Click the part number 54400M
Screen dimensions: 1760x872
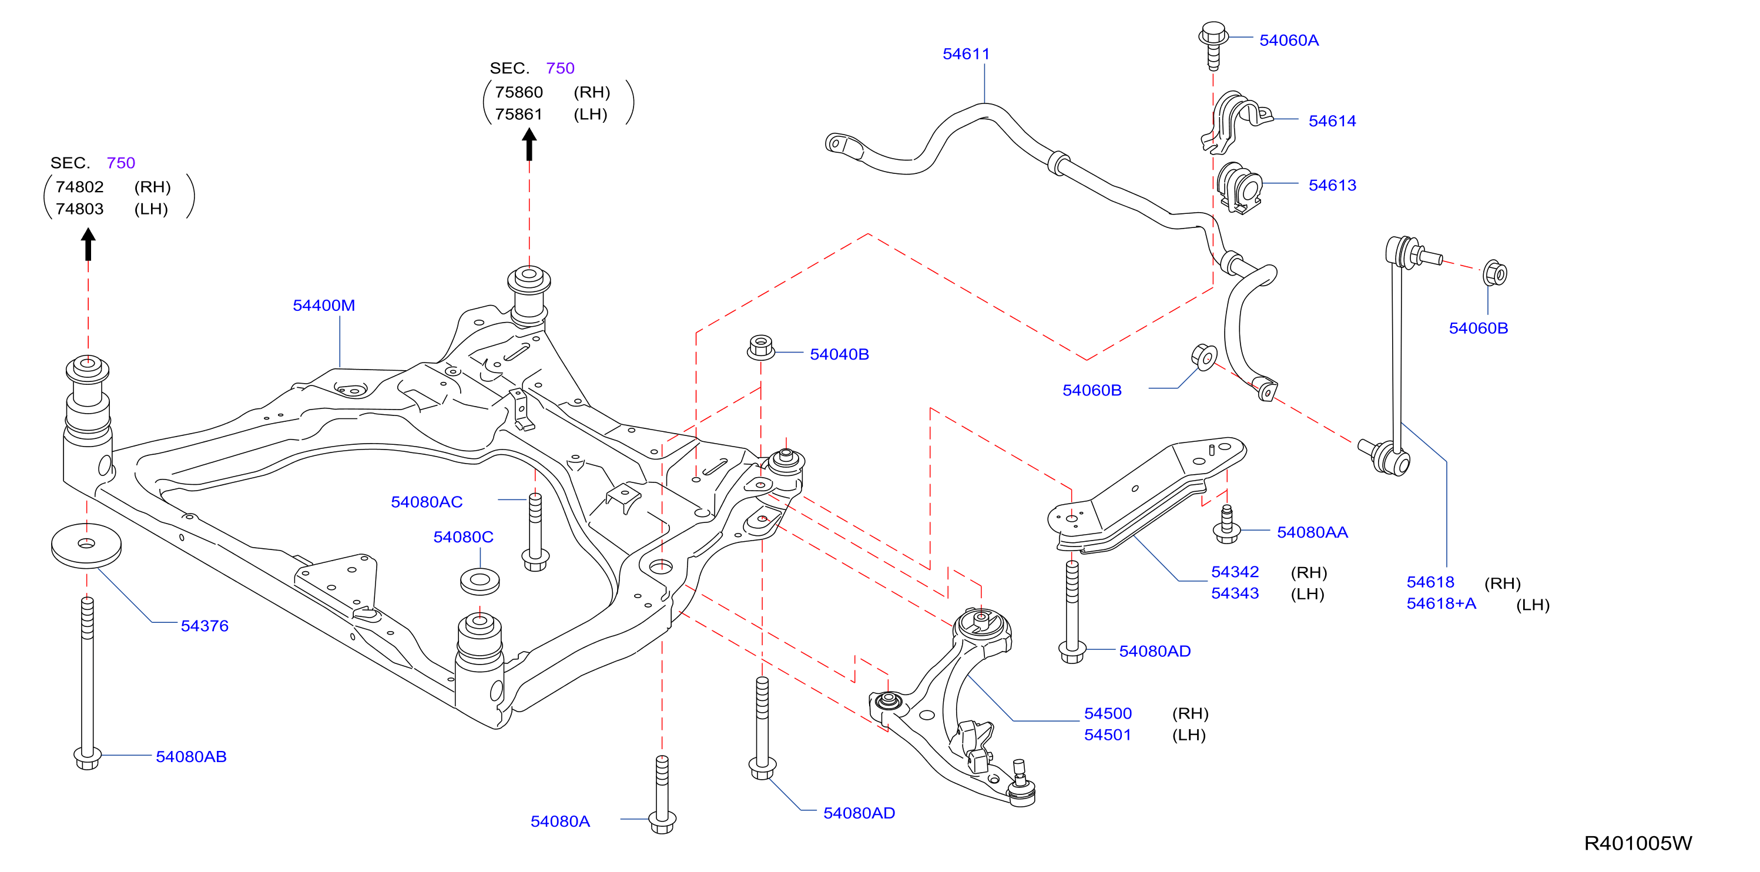(x=324, y=306)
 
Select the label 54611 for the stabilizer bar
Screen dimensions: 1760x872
(x=966, y=54)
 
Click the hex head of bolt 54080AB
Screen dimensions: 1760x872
(x=88, y=757)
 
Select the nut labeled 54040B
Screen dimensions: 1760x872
(x=761, y=347)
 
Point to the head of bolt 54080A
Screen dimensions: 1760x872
(x=662, y=821)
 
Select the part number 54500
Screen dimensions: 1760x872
(x=1108, y=713)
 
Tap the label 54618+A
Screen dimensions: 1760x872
(x=1441, y=603)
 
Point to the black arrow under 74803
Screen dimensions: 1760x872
(x=88, y=244)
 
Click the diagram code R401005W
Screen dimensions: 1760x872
(x=1638, y=843)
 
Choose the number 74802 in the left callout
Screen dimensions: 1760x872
(x=79, y=187)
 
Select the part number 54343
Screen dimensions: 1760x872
(x=1235, y=593)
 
